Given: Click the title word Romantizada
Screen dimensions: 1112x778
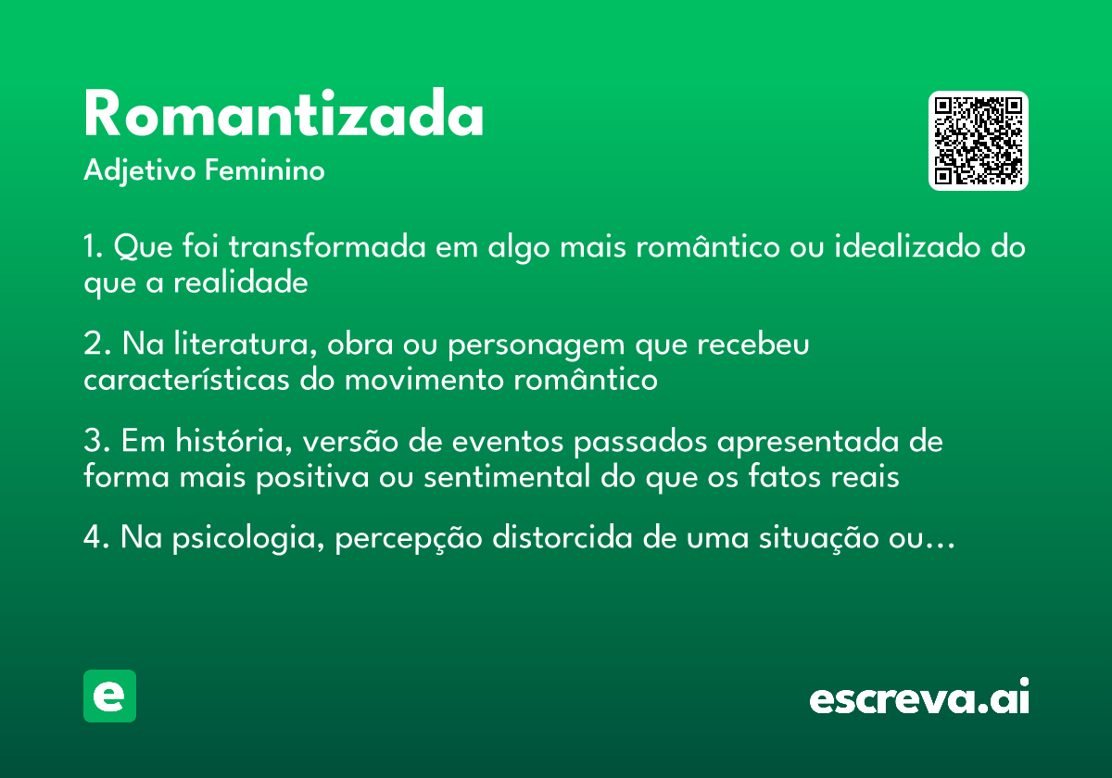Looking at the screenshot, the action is [284, 113].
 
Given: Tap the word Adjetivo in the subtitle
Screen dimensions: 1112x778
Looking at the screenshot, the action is [140, 171].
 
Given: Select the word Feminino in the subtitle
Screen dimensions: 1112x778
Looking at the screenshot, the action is [265, 169].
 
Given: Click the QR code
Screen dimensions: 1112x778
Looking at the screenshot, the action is [978, 141].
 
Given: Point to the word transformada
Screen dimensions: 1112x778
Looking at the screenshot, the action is [327, 246].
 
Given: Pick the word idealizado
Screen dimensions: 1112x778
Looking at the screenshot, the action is [907, 246].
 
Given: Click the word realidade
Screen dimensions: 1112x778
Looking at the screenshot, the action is [241, 282].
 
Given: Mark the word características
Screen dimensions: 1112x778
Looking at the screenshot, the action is [186, 380].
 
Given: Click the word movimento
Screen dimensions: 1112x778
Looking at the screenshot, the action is [424, 381].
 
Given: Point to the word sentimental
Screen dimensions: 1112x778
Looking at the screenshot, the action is [506, 477].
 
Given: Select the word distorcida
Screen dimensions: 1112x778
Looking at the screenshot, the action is [562, 537].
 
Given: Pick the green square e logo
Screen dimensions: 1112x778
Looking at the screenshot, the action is [109, 696].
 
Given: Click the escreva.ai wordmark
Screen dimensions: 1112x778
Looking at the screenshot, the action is [919, 696].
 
